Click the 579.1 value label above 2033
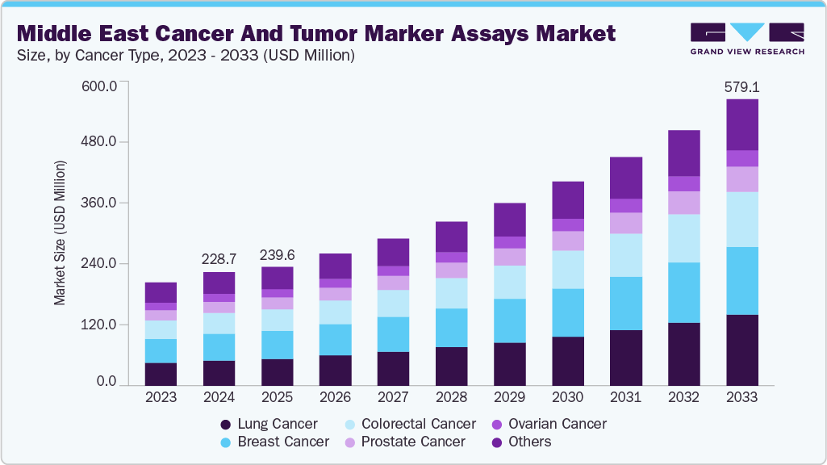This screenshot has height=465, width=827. click(742, 86)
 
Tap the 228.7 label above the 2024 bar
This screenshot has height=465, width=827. click(219, 258)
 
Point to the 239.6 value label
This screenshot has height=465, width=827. click(278, 254)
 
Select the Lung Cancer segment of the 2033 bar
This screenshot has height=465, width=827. click(742, 350)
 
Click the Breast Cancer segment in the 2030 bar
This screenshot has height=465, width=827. click(568, 312)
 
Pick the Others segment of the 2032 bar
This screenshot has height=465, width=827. click(684, 153)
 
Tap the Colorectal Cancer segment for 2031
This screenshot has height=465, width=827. click(626, 255)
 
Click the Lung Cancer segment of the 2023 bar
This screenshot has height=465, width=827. click(161, 374)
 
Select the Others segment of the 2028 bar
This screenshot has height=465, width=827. click(452, 237)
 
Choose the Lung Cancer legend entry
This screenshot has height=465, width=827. click(270, 424)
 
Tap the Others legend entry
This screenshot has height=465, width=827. click(520, 442)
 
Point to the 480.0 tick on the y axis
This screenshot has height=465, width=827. click(99, 142)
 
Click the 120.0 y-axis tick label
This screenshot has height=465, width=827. click(99, 325)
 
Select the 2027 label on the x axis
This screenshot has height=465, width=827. click(394, 397)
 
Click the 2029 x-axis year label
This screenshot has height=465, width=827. click(510, 397)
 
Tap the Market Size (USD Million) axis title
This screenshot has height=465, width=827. click(60, 233)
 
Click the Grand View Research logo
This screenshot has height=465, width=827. click(746, 38)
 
